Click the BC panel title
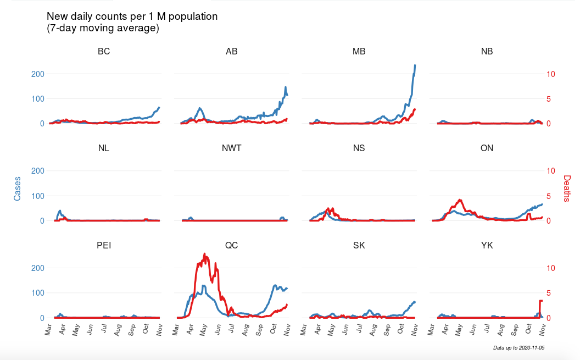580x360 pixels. click(x=104, y=52)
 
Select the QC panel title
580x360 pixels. click(x=231, y=245)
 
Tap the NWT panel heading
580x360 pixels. click(x=231, y=148)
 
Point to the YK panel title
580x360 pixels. click(x=487, y=245)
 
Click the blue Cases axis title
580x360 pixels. click(x=17, y=188)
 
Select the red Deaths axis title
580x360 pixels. click(x=567, y=188)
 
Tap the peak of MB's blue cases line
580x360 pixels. click(x=415, y=65)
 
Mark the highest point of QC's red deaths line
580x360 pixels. click(x=205, y=254)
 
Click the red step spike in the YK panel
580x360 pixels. click(x=540, y=301)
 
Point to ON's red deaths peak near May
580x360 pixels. click(x=460, y=200)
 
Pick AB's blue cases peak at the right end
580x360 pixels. click(x=286, y=87)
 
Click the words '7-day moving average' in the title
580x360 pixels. click(x=103, y=28)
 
